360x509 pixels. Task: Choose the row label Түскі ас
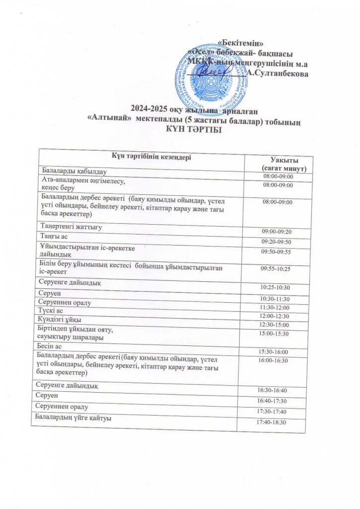pos(50,310)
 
